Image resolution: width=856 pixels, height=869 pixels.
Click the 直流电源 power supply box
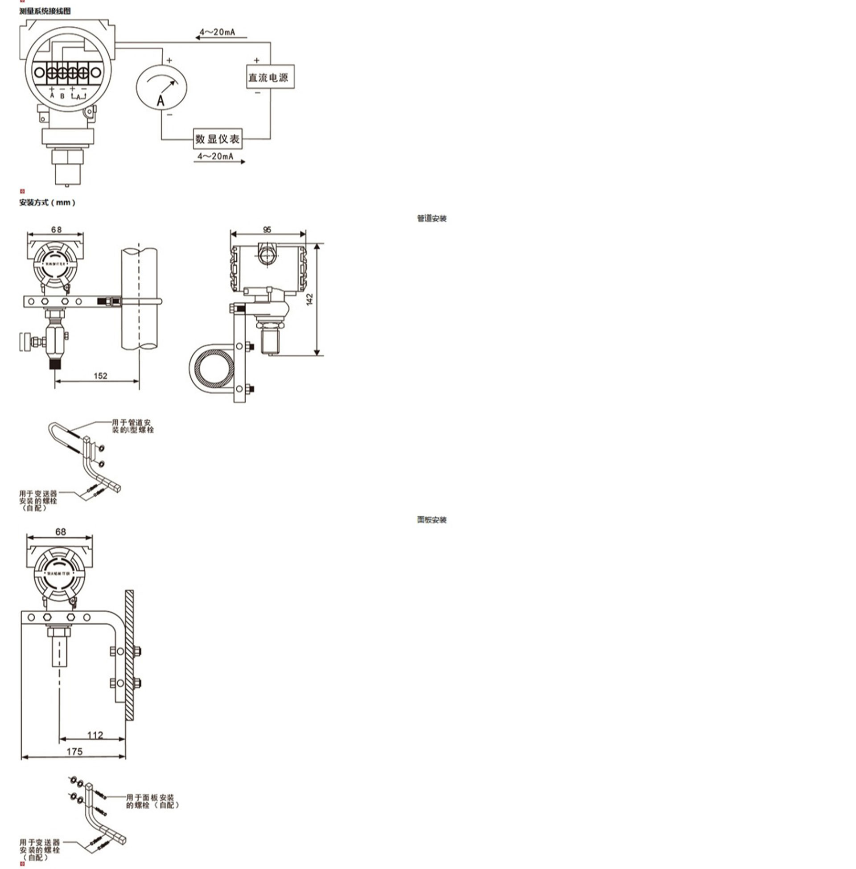270,77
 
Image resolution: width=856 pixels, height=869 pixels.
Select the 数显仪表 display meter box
218,139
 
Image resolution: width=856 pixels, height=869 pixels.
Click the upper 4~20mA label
217,33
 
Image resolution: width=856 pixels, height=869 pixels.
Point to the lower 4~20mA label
215,156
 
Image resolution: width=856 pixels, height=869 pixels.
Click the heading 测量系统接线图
45,11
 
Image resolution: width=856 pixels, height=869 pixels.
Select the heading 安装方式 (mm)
47,202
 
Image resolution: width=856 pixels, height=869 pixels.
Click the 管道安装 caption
432,218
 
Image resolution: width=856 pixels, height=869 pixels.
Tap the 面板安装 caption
432,520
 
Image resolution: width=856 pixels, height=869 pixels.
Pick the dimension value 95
267,230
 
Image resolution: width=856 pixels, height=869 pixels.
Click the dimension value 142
310,300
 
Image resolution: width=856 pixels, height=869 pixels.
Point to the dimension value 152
100,376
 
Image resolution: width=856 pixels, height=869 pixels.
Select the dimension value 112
95,736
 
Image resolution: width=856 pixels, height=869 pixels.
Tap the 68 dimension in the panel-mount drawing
60,532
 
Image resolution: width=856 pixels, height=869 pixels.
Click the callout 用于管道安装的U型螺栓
132,426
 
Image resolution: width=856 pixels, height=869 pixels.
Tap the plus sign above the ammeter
169,60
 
